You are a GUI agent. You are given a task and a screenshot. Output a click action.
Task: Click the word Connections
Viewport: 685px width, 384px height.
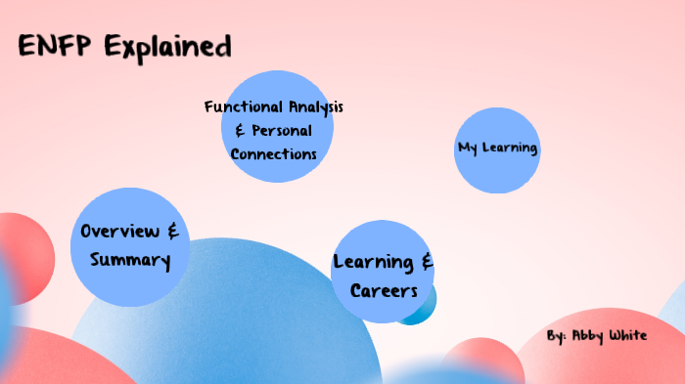[274, 154]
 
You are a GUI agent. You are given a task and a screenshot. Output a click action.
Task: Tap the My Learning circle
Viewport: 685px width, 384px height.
[497, 149]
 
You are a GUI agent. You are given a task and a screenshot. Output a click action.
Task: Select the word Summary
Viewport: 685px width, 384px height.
[130, 261]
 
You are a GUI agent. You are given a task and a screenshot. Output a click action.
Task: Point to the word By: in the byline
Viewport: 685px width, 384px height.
[556, 336]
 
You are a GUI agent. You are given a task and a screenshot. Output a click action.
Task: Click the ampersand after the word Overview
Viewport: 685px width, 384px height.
[172, 232]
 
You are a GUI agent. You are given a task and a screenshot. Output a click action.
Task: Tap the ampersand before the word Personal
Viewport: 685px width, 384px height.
[240, 130]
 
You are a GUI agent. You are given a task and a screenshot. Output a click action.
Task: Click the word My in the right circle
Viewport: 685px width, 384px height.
[467, 149]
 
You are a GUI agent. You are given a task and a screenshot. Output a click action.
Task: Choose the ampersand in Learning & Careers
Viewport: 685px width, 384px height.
[427, 262]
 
